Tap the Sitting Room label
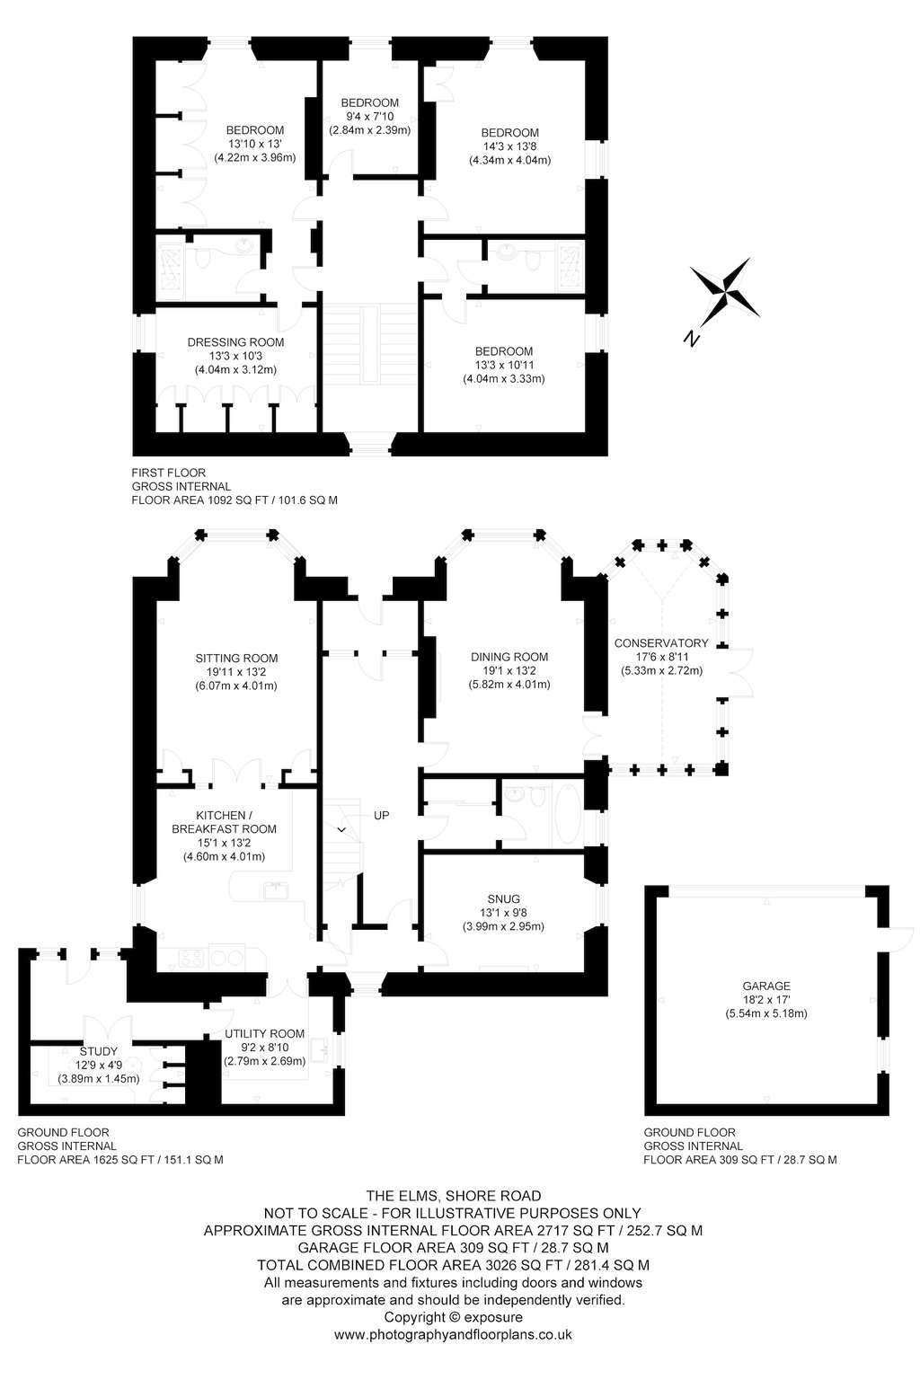point(236,658)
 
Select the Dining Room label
point(509,657)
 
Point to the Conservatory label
point(661,643)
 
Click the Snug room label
point(503,898)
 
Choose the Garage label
point(766,986)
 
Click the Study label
point(99,1052)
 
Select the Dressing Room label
point(236,342)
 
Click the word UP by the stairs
point(382,815)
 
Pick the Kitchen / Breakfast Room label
point(225,822)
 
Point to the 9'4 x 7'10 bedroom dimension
point(370,117)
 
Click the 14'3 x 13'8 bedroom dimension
point(510,146)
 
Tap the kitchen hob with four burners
point(192,959)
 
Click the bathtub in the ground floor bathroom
point(566,815)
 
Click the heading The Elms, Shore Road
point(454,1196)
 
